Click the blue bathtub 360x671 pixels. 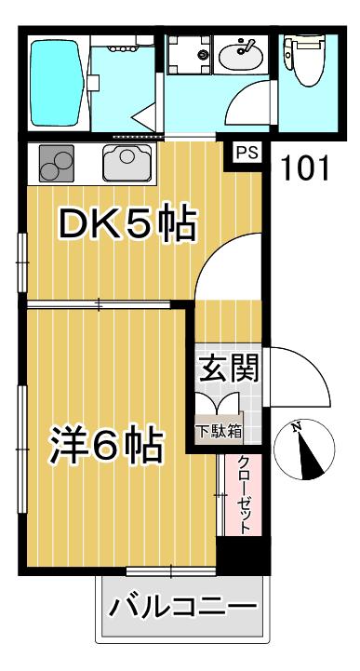[57, 83]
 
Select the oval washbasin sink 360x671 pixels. [242, 55]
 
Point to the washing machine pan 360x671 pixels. [190, 54]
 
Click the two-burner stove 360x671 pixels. [56, 163]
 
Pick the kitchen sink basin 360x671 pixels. [127, 163]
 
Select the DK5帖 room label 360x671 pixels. [127, 223]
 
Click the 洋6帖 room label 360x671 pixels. [106, 445]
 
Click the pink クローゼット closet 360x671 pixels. [244, 494]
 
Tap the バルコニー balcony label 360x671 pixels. [182, 606]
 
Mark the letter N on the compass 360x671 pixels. [296, 426]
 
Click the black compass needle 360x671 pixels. [311, 457]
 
